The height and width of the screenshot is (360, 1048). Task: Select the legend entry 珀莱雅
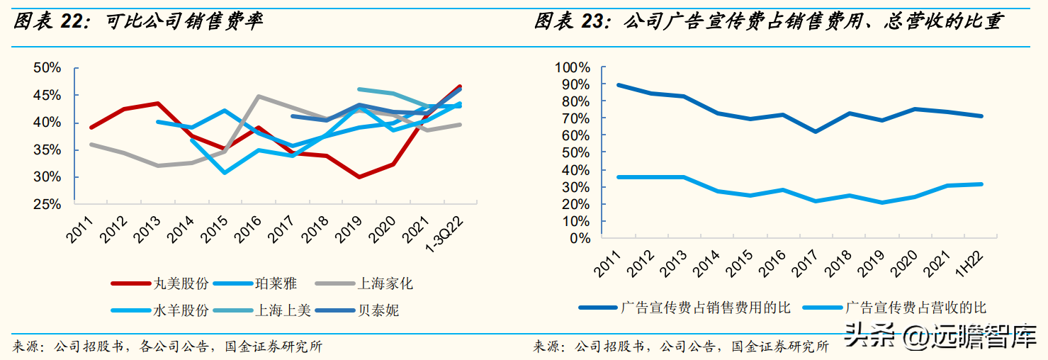click(276, 284)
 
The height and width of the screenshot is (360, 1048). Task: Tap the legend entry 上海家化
click(385, 284)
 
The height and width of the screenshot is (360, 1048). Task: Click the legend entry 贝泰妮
click(379, 310)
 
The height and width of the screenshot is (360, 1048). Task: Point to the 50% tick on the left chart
click(47, 68)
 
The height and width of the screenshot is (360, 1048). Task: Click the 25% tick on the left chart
click(47, 205)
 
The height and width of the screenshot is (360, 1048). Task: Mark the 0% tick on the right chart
click(580, 238)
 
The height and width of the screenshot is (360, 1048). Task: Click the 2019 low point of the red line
click(359, 176)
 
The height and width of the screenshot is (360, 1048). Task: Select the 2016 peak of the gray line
click(259, 96)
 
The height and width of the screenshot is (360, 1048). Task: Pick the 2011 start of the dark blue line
click(619, 85)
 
